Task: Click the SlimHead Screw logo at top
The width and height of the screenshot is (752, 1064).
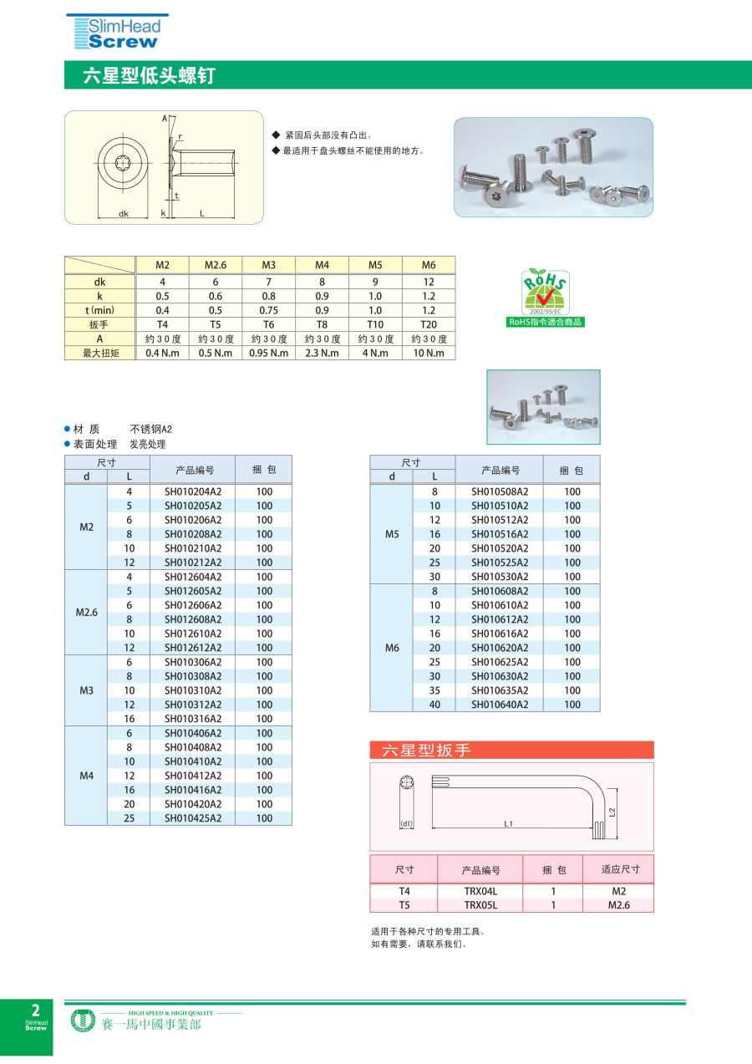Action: [117, 32]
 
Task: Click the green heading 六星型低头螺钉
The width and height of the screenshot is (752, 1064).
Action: [150, 75]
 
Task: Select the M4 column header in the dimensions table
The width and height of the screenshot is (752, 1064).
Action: [322, 265]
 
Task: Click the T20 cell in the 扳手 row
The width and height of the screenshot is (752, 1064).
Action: [429, 324]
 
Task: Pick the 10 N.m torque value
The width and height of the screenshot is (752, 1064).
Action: [429, 353]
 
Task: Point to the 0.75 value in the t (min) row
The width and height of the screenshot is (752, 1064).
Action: [268, 310]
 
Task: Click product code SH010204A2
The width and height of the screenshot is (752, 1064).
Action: [193, 491]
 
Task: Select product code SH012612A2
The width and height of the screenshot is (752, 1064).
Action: [193, 648]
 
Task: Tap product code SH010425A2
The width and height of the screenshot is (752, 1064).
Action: [193, 818]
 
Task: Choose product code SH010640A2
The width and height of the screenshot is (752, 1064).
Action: [500, 705]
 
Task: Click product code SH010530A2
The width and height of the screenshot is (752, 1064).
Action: [500, 577]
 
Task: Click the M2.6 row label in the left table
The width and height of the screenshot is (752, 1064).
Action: [87, 613]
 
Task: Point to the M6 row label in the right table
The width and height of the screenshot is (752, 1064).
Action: [392, 648]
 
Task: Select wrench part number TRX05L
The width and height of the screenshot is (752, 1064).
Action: [480, 905]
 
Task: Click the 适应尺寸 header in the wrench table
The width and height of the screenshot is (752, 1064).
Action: [620, 869]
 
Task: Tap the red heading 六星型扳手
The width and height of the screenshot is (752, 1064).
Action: [427, 751]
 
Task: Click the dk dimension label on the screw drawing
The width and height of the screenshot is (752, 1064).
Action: [123, 214]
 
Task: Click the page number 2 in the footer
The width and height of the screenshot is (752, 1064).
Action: [35, 1011]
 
